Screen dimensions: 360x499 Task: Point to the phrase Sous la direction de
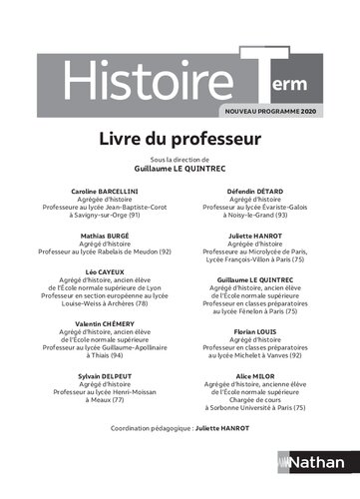click(180, 160)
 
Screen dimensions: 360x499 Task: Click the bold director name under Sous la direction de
click(180, 169)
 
